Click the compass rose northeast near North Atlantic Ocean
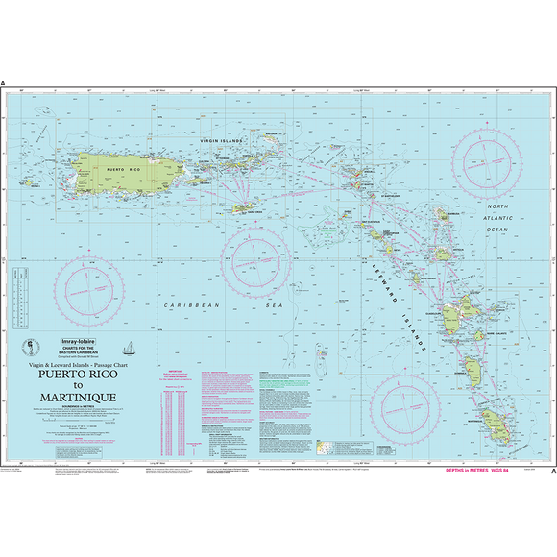coord(489,158)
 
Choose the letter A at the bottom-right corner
coord(551,472)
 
